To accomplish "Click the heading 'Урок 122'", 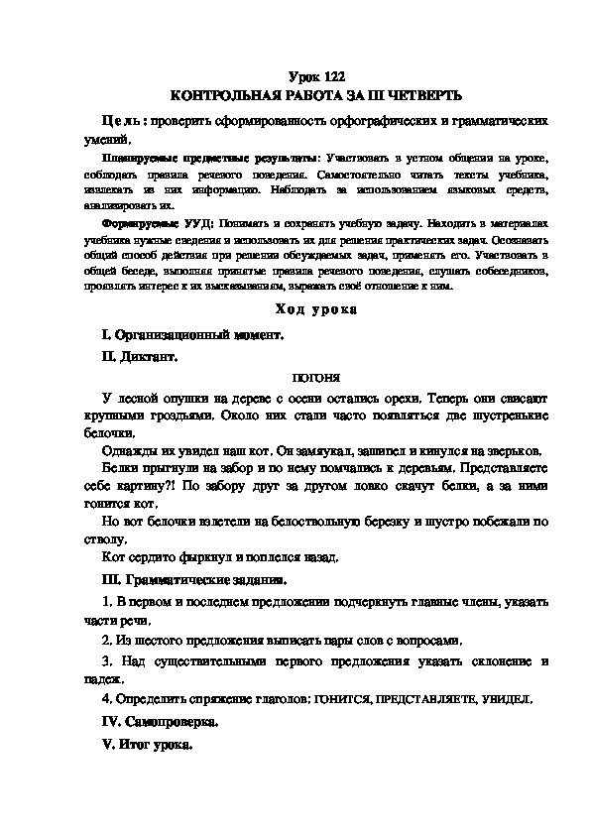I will pyautogui.click(x=313, y=76).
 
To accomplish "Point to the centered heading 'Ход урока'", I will pyautogui.click(x=314, y=310).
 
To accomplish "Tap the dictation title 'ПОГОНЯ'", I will pyautogui.click(x=314, y=379).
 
